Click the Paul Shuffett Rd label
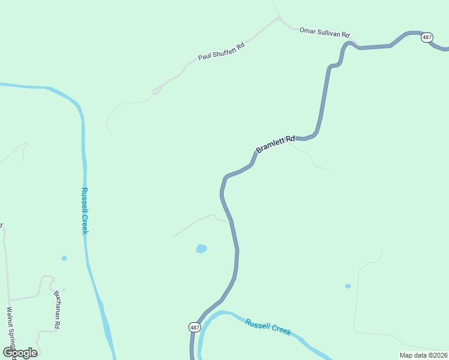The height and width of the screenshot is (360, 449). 221,52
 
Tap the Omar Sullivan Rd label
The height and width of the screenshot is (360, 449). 324,32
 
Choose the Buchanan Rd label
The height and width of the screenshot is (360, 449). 58,310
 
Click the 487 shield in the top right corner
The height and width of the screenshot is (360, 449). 427,37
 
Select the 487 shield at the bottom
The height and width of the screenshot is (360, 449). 194,327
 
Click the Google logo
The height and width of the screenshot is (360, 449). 20,352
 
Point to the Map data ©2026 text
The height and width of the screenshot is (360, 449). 423,355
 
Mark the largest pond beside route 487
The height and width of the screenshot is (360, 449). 201,248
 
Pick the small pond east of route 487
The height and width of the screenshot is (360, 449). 348,286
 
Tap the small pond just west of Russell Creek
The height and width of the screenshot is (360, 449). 64,258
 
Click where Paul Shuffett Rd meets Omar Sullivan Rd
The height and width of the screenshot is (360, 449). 279,18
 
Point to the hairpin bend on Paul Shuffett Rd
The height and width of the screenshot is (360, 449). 154,92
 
